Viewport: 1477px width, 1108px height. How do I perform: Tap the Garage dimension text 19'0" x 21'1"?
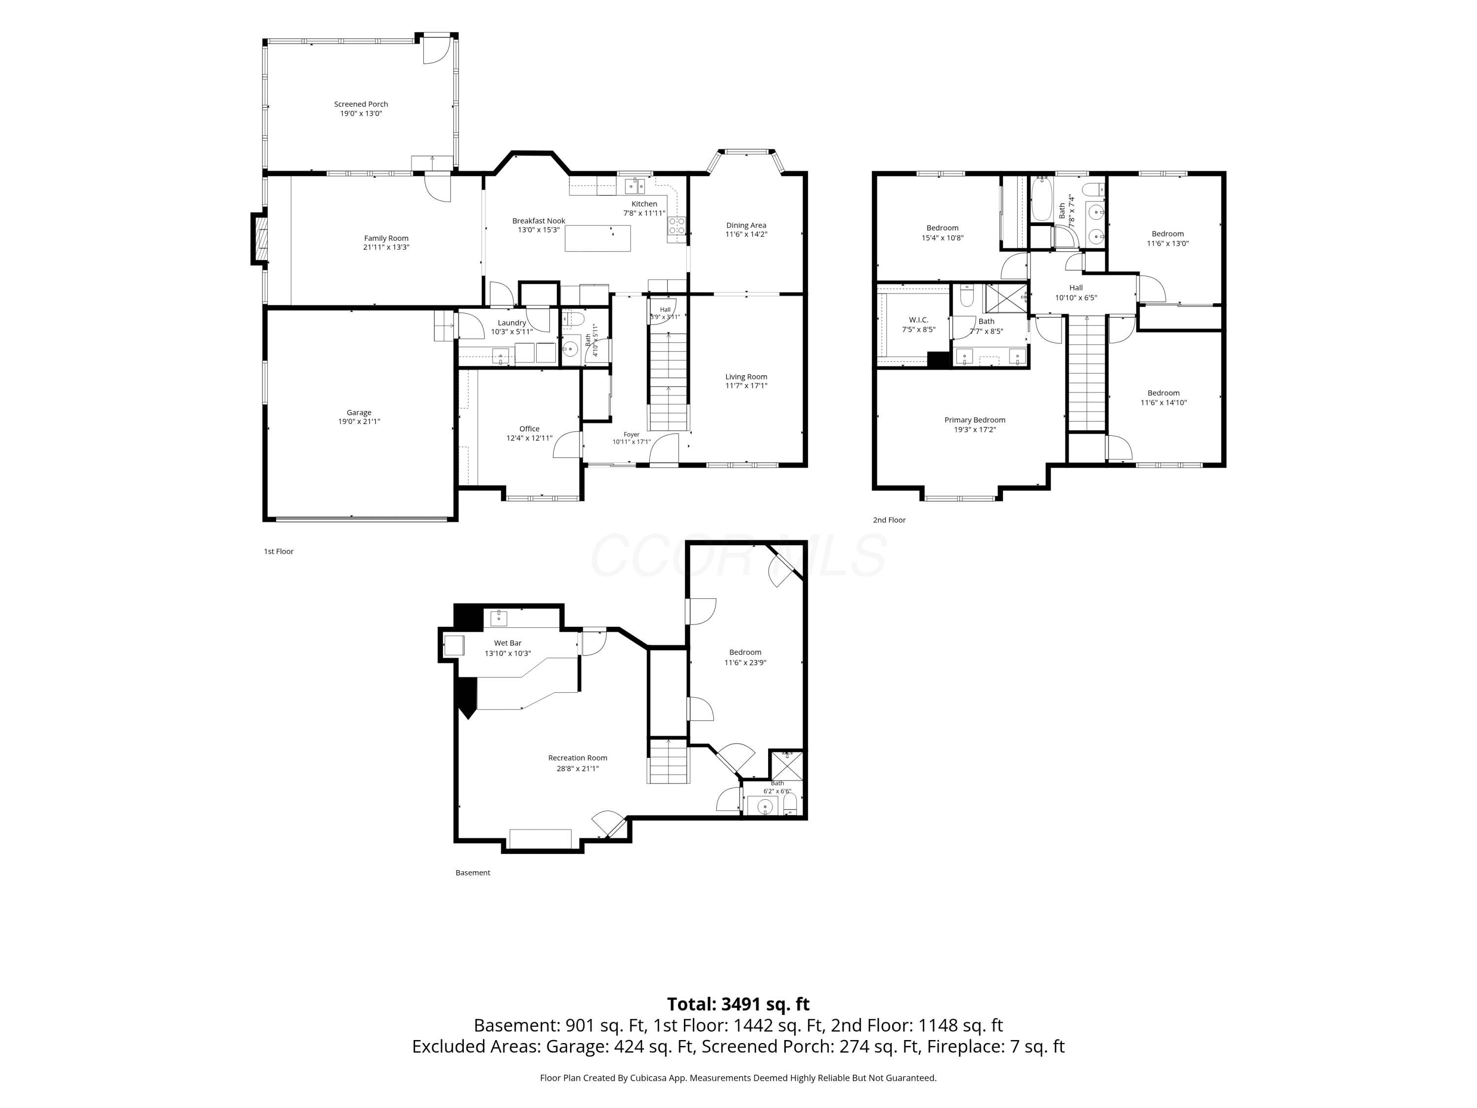359,422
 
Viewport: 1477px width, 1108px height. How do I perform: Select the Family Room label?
386,238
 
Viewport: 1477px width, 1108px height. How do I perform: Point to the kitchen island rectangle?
598,238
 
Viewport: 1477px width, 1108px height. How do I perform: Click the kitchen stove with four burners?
676,226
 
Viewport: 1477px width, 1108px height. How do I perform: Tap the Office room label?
529,429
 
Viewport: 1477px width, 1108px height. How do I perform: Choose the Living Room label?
746,377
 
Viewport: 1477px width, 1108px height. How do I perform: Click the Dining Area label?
746,225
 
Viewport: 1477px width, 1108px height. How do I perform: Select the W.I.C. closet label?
919,320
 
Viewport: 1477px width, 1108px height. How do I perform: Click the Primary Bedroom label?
975,420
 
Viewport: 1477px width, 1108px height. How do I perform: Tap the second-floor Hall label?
1076,288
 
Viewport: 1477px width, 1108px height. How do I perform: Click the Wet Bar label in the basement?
508,643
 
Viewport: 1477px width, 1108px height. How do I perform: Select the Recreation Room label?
578,758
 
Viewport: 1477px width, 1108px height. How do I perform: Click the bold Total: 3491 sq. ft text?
738,1004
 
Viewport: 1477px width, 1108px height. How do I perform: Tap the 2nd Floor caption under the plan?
890,520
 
